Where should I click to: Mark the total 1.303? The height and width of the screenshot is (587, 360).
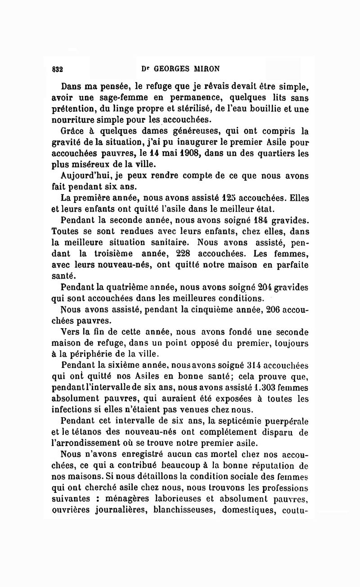point(265,388)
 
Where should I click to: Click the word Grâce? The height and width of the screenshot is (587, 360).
point(74,131)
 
